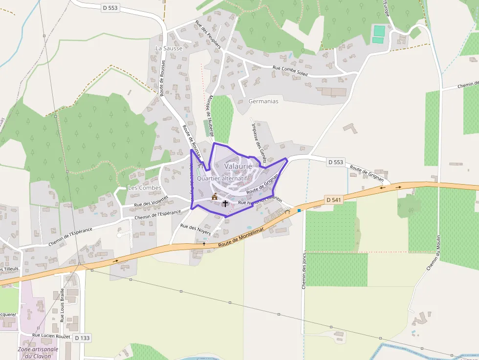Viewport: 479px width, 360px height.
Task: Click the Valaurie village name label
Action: click(x=238, y=166)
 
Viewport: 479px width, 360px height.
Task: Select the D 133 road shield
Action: click(x=82, y=338)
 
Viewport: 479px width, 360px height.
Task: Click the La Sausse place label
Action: click(x=169, y=48)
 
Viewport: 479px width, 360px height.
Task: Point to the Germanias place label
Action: click(x=263, y=102)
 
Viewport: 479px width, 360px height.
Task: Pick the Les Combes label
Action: click(x=144, y=188)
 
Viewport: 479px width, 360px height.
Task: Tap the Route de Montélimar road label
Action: click(x=248, y=235)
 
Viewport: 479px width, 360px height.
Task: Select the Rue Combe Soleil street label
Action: click(x=290, y=71)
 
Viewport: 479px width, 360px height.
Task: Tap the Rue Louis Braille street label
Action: click(x=62, y=305)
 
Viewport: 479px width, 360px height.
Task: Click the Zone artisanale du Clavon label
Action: click(x=38, y=352)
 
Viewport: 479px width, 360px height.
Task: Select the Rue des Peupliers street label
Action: click(x=208, y=35)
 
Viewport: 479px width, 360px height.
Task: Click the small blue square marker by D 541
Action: click(x=299, y=211)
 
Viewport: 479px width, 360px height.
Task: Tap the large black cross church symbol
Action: click(x=225, y=203)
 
